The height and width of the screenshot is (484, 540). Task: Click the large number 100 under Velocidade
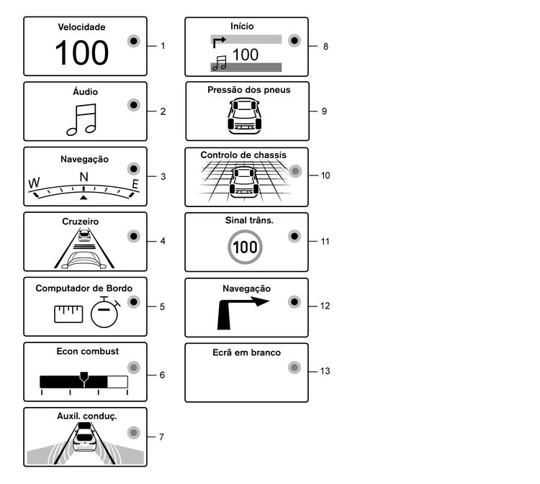(x=82, y=52)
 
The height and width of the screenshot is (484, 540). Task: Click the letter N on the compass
(x=84, y=177)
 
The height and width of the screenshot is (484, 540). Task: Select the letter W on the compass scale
(x=34, y=184)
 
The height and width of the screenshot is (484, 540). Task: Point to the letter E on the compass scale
(x=134, y=185)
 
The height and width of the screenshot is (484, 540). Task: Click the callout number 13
(x=325, y=371)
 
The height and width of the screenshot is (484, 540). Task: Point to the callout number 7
(x=161, y=437)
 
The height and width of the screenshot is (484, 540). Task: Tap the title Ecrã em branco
(x=246, y=353)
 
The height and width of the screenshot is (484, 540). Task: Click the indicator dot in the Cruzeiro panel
(x=133, y=236)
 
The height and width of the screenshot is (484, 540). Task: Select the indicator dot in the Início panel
(x=293, y=40)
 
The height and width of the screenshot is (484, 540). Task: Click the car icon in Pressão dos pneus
(x=243, y=117)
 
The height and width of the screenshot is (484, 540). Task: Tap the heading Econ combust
(x=87, y=352)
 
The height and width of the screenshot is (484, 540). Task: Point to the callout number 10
(x=325, y=175)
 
